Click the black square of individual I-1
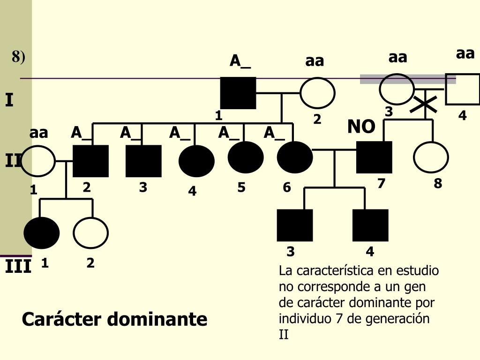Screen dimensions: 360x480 pyautogui.click(x=238, y=93)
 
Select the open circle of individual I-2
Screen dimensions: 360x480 pyautogui.click(x=317, y=93)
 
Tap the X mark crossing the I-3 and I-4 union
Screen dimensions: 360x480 pyautogui.click(x=423, y=104)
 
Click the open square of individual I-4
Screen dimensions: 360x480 pyautogui.click(x=462, y=89)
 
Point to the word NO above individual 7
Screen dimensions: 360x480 pyautogui.click(x=361, y=127)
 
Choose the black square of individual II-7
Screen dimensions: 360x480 pyautogui.click(x=374, y=157)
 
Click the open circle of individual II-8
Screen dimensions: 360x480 pyautogui.click(x=431, y=157)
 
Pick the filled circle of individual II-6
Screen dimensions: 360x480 pyautogui.click(x=294, y=157)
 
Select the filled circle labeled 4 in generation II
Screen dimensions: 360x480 pyautogui.click(x=196, y=161)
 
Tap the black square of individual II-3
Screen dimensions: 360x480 pyautogui.click(x=143, y=161)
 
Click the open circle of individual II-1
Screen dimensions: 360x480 pyautogui.click(x=37, y=161)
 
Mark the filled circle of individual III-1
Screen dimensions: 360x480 pyautogui.click(x=42, y=233)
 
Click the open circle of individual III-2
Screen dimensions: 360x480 pyautogui.click(x=90, y=233)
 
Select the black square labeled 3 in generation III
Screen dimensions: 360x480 pyautogui.click(x=295, y=225)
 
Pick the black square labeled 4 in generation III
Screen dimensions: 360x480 pyautogui.click(x=370, y=225)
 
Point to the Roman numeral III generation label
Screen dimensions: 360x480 pyautogui.click(x=18, y=268)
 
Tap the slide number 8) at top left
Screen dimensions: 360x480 pyautogui.click(x=19, y=57)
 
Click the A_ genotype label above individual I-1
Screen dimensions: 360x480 pyautogui.click(x=240, y=61)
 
